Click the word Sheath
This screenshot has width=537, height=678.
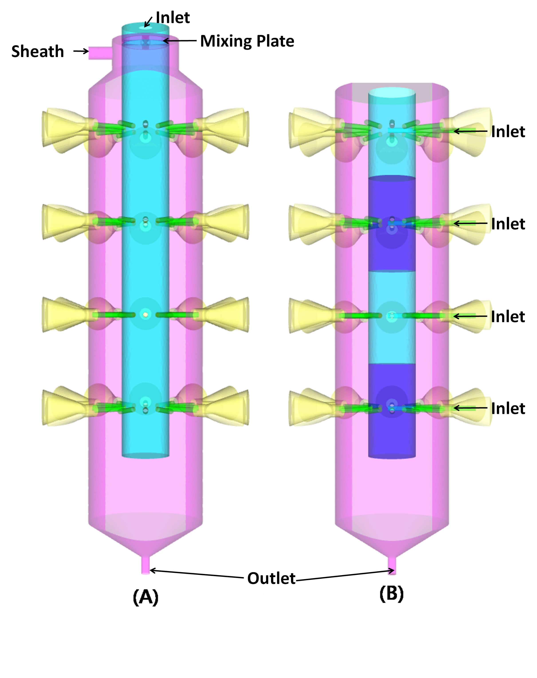click(38, 51)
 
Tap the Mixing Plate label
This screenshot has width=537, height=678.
click(247, 41)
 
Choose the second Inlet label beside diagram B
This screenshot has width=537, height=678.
click(508, 224)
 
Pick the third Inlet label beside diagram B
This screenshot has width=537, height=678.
click(508, 316)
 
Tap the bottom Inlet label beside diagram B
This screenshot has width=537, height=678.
click(508, 408)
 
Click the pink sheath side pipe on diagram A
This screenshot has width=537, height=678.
click(100, 53)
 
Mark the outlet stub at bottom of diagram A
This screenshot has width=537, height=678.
click(145, 566)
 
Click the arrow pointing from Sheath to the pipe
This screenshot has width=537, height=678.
click(81, 51)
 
